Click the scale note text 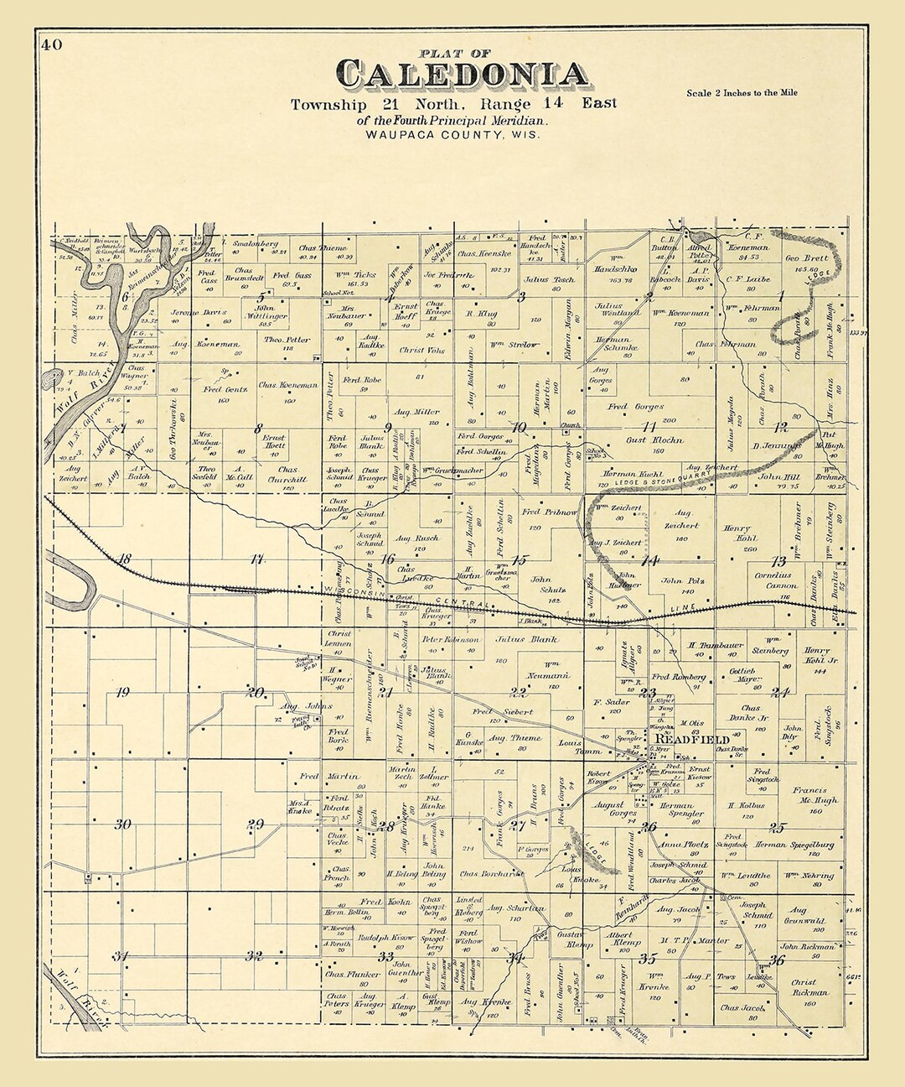tap(742, 93)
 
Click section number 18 tap(124, 559)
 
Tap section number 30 tap(122, 824)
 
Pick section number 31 tap(122, 956)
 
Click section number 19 tap(122, 693)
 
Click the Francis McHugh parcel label tap(807, 795)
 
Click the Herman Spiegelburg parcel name tap(794, 845)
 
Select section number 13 tap(779, 562)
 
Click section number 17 tap(256, 559)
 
